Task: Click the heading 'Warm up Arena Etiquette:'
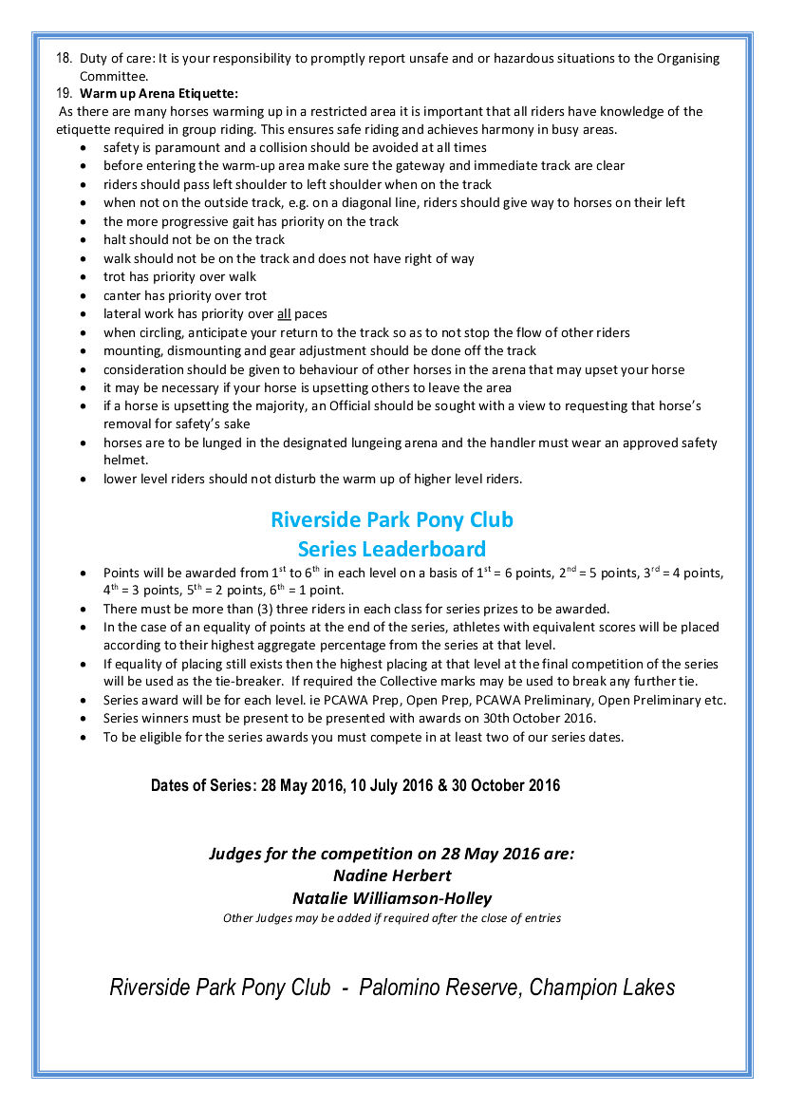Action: [159, 93]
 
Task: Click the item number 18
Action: [64, 59]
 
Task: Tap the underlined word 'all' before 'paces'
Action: [284, 314]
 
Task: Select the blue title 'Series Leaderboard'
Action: [392, 549]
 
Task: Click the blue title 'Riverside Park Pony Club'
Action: [392, 520]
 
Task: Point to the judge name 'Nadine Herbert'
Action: [392, 875]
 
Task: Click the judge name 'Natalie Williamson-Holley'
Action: [392, 898]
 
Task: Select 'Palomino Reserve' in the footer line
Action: [439, 988]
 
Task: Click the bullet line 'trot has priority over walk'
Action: [180, 277]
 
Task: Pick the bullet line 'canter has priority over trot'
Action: [185, 295]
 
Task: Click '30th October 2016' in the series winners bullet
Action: [538, 719]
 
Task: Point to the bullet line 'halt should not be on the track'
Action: [194, 240]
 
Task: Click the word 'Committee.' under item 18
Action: [114, 76]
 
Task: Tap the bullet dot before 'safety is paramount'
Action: [86, 148]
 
